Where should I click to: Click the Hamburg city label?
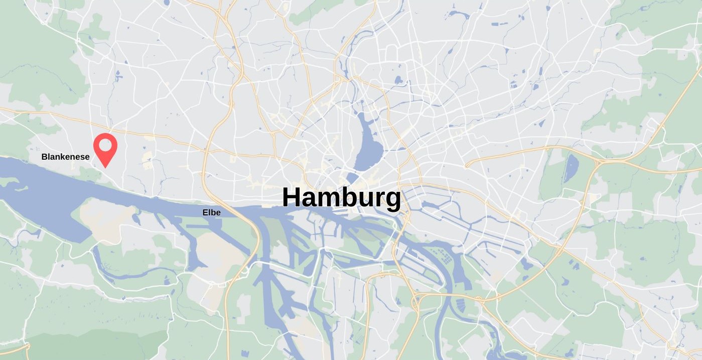341,198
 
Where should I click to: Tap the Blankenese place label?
65,157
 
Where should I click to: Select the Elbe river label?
211,212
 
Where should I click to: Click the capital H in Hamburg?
293,197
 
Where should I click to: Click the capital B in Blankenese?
44,157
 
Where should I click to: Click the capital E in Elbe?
205,212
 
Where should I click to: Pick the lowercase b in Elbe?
213,212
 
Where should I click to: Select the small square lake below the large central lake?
353,178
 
